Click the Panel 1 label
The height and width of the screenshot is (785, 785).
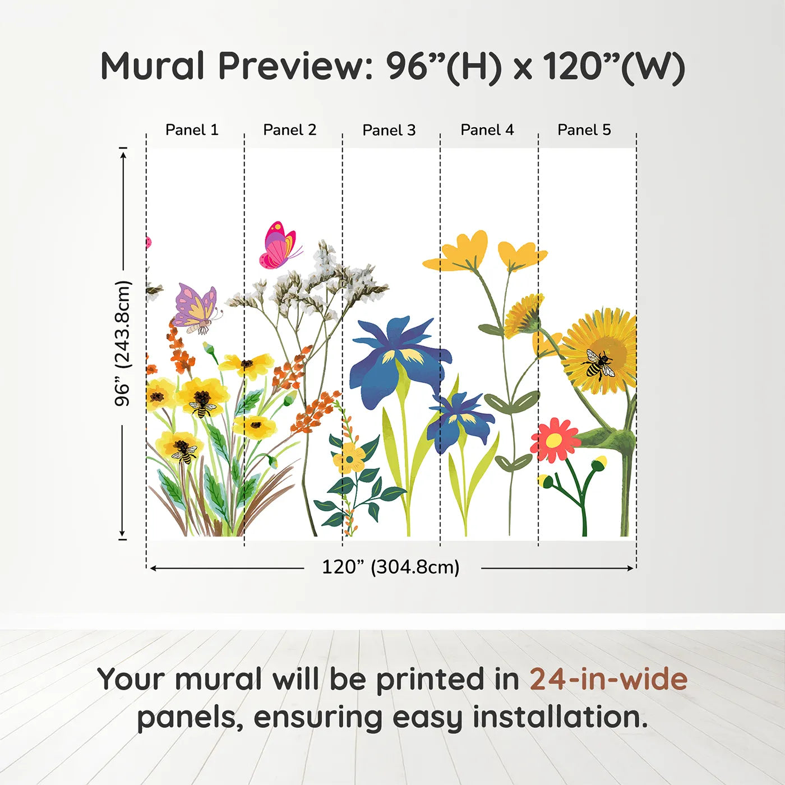click(192, 130)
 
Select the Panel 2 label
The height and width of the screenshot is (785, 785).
click(290, 130)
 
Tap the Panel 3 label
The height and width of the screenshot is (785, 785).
click(389, 130)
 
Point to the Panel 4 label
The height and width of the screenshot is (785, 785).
click(487, 130)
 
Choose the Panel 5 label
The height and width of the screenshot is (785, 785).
click(584, 130)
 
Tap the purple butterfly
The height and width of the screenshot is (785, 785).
click(197, 308)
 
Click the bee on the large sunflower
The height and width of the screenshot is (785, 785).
click(597, 363)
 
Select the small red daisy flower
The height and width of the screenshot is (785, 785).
click(555, 440)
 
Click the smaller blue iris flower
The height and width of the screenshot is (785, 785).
click(460, 422)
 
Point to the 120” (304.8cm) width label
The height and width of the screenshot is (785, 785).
click(391, 567)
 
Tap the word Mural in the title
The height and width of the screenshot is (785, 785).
click(153, 66)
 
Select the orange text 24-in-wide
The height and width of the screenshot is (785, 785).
click(608, 679)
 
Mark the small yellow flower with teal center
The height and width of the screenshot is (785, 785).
click(349, 458)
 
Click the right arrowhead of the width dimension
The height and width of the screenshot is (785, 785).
click(631, 568)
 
